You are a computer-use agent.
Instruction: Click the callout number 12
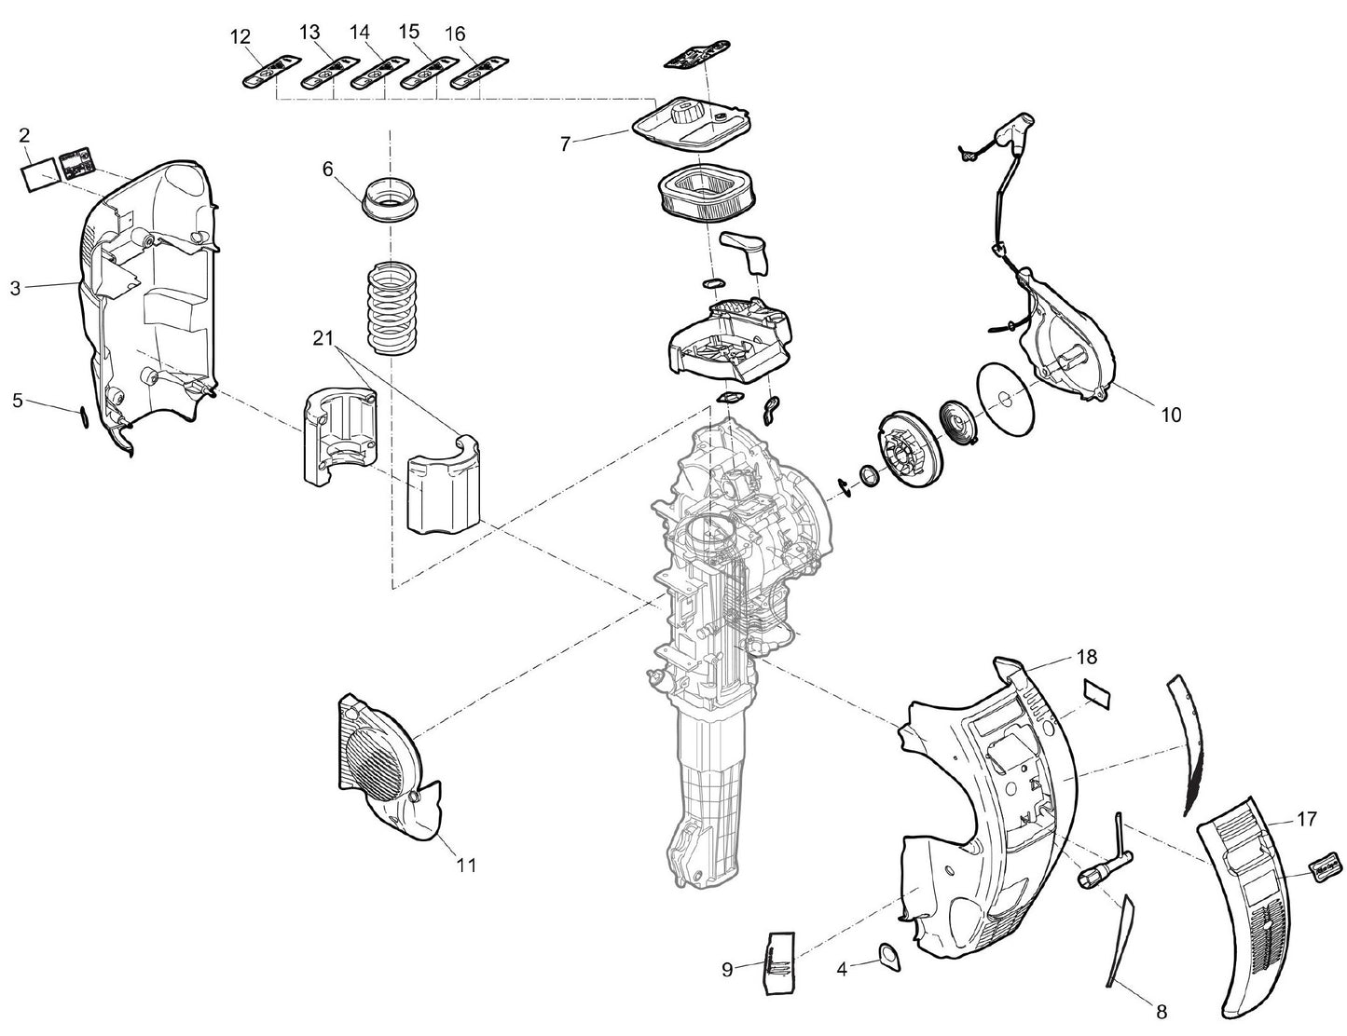241,36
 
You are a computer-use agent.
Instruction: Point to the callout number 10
1171,415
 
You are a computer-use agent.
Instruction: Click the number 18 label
1087,658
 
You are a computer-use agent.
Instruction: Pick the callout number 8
1161,1011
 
